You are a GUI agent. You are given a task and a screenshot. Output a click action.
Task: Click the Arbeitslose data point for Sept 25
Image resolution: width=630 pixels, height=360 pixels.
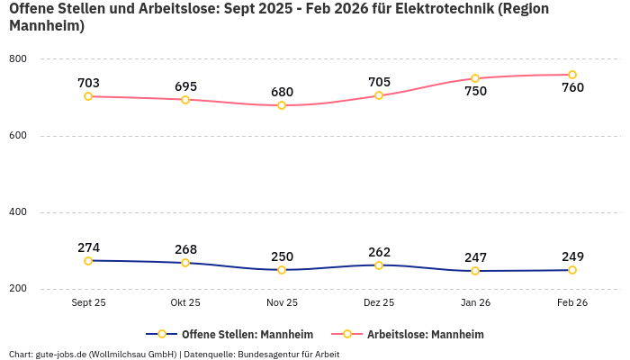(88, 96)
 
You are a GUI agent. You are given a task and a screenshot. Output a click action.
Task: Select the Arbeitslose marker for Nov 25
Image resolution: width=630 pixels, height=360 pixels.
(282, 105)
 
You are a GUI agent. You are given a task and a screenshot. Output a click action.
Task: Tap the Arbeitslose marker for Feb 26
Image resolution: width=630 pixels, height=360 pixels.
(572, 75)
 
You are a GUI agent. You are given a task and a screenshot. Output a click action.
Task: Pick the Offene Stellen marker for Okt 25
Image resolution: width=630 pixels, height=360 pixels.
(185, 263)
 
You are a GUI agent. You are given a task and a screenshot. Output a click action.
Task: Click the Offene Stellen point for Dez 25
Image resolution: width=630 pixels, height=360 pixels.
(379, 265)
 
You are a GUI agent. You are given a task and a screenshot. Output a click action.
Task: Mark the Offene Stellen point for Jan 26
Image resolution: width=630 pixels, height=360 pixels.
(475, 271)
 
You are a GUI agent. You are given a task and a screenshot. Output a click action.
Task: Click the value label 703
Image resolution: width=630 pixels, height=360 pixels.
(88, 83)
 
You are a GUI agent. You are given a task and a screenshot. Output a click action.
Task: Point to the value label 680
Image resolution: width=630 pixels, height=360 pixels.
(282, 92)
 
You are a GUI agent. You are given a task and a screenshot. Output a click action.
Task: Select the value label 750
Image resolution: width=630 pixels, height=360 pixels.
(475, 91)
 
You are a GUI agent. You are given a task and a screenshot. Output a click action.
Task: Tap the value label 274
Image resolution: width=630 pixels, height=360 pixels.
(88, 247)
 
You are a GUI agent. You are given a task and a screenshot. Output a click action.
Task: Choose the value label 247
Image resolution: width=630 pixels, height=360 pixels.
(475, 257)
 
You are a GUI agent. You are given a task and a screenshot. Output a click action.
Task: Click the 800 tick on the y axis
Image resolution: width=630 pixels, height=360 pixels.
(18, 59)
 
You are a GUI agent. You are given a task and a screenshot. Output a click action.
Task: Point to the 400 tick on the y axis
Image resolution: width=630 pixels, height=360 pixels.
(18, 212)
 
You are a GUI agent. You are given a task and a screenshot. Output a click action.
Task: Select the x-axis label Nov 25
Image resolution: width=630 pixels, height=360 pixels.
(282, 303)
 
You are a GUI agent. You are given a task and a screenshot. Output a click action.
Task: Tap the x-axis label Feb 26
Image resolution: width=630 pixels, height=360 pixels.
(572, 303)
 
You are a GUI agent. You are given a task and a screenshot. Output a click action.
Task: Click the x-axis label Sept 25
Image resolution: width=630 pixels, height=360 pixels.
(88, 303)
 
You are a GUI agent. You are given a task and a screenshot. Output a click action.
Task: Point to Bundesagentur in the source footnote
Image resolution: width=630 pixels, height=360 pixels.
(268, 354)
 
